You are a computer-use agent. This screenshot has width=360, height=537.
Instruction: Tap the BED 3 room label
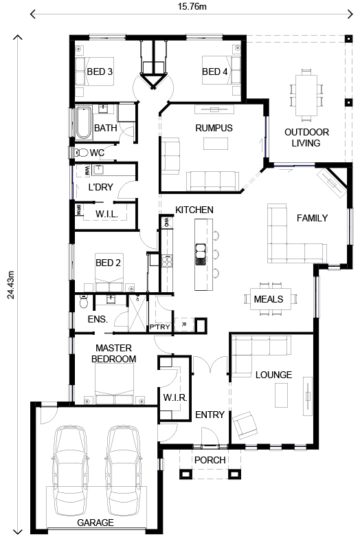pyautogui.click(x=100, y=72)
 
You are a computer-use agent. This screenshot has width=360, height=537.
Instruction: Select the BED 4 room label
pyautogui.click(x=214, y=72)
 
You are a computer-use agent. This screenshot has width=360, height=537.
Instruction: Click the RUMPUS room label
pyautogui.click(x=214, y=128)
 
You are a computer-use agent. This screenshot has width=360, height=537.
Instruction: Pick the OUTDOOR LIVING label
pyautogui.click(x=306, y=138)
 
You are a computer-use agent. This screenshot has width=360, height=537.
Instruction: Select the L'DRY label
pyautogui.click(x=100, y=187)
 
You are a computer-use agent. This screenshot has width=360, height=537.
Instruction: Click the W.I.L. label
pyautogui.click(x=106, y=215)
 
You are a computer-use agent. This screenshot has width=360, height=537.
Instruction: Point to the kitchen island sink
pyautogui.click(x=201, y=253)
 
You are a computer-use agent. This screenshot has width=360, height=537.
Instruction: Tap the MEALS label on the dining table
pyautogui.click(x=269, y=299)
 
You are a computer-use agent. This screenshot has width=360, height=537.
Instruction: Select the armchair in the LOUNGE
pyautogui.click(x=245, y=424)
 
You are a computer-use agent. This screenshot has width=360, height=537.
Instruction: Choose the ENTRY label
pyautogui.click(x=209, y=414)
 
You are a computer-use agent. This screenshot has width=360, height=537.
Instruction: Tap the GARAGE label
pyautogui.click(x=95, y=523)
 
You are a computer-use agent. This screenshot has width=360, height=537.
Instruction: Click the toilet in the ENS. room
pyautogui.click(x=83, y=302)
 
